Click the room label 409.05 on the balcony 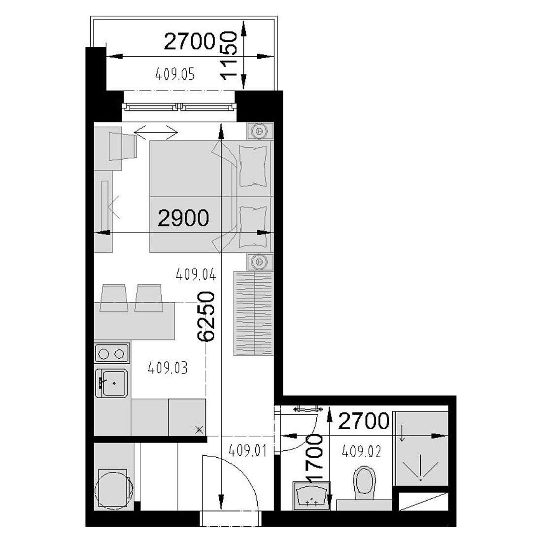coord(175,74)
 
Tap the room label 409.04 coord(196,274)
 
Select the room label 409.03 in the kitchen coord(168,368)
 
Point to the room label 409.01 coord(247,451)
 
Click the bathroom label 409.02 coord(361,451)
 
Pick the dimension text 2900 coord(183,218)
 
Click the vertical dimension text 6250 coord(205,316)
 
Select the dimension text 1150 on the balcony coord(229,55)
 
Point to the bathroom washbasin coord(311,496)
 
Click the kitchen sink coord(112,383)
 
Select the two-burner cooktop coord(112,353)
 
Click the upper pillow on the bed coord(253,166)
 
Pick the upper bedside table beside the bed coord(260,131)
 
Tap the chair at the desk coord(123,146)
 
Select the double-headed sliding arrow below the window coord(156,132)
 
